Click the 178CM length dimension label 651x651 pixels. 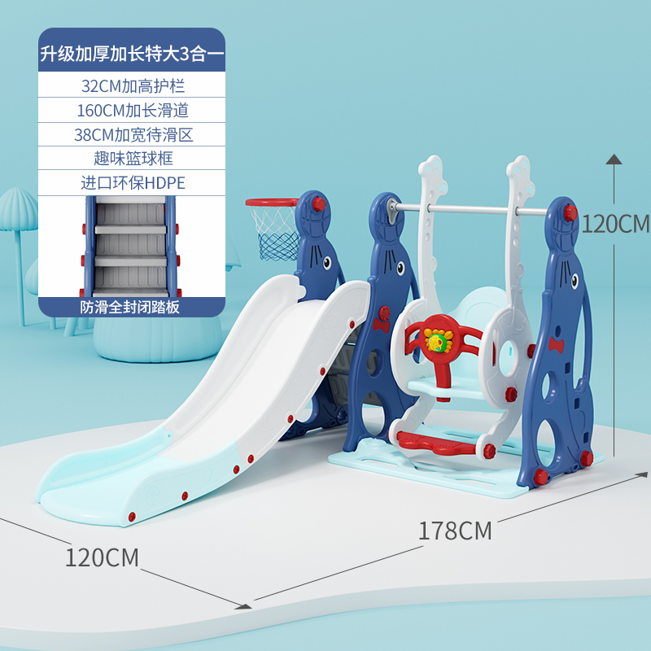[455, 531]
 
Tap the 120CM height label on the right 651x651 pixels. [615, 223]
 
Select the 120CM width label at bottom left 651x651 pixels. [102, 557]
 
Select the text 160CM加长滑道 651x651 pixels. [133, 110]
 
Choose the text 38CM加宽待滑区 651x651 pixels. [133, 134]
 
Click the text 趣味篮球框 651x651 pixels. [133, 158]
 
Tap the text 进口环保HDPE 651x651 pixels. [133, 182]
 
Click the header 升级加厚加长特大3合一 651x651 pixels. [133, 55]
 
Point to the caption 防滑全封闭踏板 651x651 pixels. [133, 307]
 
